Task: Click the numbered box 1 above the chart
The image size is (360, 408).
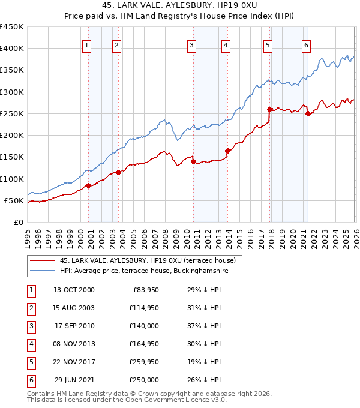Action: (87, 45)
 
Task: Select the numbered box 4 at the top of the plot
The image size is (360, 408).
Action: (226, 45)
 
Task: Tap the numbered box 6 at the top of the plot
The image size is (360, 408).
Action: (306, 45)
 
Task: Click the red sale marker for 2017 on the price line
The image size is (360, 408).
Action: (270, 109)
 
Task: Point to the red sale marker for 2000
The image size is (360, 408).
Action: (88, 185)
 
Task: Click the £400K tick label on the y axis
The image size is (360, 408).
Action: (12, 49)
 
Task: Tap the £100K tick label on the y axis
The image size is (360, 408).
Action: (12, 179)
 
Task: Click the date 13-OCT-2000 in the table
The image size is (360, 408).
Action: (74, 290)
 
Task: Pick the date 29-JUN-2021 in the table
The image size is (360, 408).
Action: (74, 380)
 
